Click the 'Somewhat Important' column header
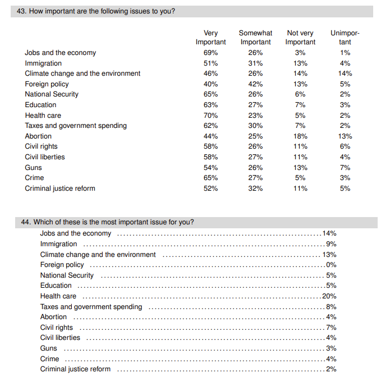click(x=255, y=38)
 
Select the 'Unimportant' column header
click(x=345, y=38)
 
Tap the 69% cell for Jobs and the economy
click(x=210, y=53)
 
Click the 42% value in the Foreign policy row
click(x=255, y=84)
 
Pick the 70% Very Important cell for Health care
click(x=210, y=116)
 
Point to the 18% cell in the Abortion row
click(x=300, y=136)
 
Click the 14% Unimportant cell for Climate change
click(x=345, y=73)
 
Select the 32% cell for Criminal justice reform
click(x=255, y=188)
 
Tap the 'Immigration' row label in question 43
click(x=43, y=63)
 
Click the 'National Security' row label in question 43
click(x=52, y=94)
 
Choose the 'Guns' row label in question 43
click(x=33, y=168)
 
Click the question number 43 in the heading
click(x=22, y=11)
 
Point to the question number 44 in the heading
click(x=26, y=222)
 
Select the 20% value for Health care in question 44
click(x=329, y=296)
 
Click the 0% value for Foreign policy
click(x=331, y=265)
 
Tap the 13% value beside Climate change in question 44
click(x=329, y=255)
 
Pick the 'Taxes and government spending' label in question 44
click(x=91, y=307)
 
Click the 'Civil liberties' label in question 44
click(x=60, y=338)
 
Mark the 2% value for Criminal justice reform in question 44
click(x=331, y=369)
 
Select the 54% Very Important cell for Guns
click(x=210, y=168)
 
